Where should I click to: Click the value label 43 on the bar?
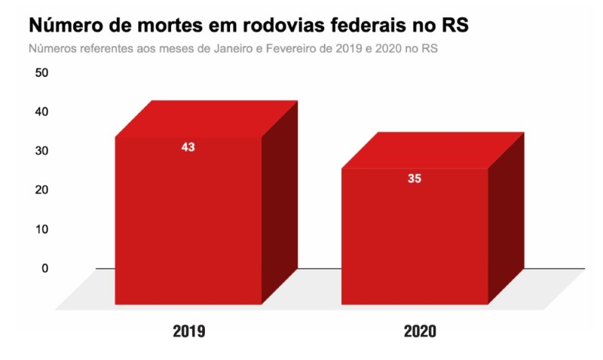tap(188, 148)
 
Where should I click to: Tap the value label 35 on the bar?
tap(415, 179)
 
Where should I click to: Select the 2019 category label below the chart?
tap(188, 331)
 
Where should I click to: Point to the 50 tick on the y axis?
tap(41, 73)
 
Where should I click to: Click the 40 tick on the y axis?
tap(41, 111)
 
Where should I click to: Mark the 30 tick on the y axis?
tap(41, 151)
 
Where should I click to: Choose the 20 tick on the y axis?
tap(41, 190)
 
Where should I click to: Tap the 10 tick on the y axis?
tap(41, 229)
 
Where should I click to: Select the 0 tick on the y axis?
tap(44, 268)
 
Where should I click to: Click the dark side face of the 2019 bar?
tap(280, 203)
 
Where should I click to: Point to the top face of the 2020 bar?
tap(433, 150)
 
